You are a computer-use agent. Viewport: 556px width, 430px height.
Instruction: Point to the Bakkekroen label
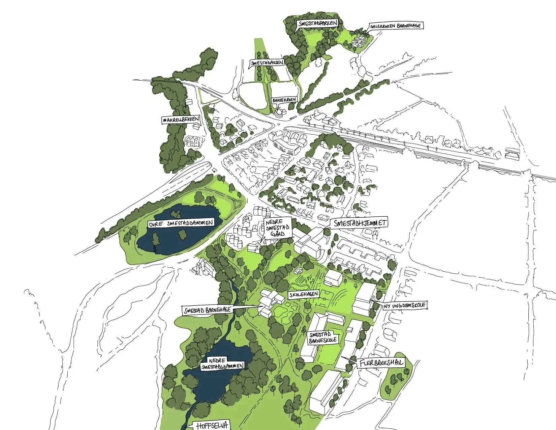coord(284,100)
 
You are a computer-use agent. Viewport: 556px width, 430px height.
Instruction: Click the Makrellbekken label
coord(180,120)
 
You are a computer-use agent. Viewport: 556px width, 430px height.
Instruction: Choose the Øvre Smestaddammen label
coord(181,223)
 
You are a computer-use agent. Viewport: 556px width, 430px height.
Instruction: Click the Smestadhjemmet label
coord(359,223)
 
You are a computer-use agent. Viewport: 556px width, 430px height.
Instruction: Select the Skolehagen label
coord(303,294)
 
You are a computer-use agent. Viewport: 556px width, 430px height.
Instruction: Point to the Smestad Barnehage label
coord(207,310)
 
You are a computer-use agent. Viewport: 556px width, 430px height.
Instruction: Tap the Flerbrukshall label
coord(381,364)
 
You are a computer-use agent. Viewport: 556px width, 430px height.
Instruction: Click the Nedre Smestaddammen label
coord(222,364)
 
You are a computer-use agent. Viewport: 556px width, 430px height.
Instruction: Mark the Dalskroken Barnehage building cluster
coord(359,41)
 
